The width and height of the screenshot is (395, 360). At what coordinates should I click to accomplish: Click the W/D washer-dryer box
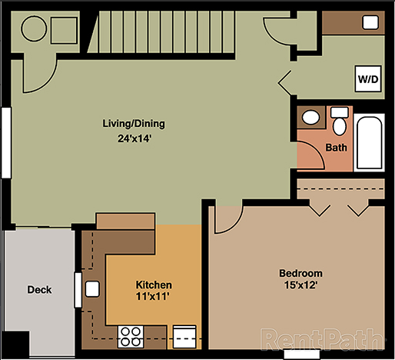pos(366,78)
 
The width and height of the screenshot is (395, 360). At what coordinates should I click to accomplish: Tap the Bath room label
pos(336,147)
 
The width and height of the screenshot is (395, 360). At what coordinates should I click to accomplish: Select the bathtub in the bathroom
pos(370,142)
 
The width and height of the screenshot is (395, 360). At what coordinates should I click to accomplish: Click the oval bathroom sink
pos(311,118)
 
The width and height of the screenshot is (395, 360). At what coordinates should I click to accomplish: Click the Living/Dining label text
pos(134,123)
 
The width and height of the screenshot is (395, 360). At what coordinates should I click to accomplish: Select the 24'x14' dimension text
pos(134,139)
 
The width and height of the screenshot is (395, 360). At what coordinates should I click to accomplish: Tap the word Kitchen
pos(154,285)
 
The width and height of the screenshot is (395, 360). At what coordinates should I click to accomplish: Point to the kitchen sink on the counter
pos(92,290)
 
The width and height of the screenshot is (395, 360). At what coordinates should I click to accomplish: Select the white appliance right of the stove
pos(185,335)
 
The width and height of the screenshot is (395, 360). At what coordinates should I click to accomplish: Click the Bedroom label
pos(300,273)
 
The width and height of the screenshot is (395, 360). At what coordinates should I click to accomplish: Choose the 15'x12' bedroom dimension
pos(300,285)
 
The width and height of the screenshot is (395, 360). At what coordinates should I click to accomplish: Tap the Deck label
pos(40,290)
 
